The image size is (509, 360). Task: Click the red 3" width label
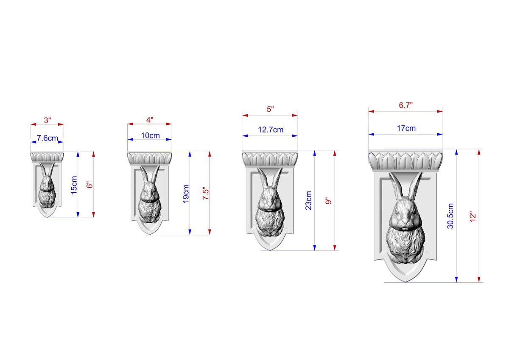click(x=47, y=120)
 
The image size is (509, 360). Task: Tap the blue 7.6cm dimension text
click(x=47, y=138)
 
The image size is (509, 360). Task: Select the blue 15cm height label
click(x=74, y=185)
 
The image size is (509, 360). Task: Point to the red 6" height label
click(x=90, y=186)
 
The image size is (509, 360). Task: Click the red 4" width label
click(x=150, y=120)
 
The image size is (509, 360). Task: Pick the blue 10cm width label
click(x=150, y=135)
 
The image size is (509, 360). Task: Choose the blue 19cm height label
click(x=186, y=194)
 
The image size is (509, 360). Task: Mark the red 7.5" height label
click(x=206, y=194)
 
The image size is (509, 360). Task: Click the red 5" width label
click(x=270, y=109)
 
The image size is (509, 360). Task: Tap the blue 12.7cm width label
click(x=271, y=130)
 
